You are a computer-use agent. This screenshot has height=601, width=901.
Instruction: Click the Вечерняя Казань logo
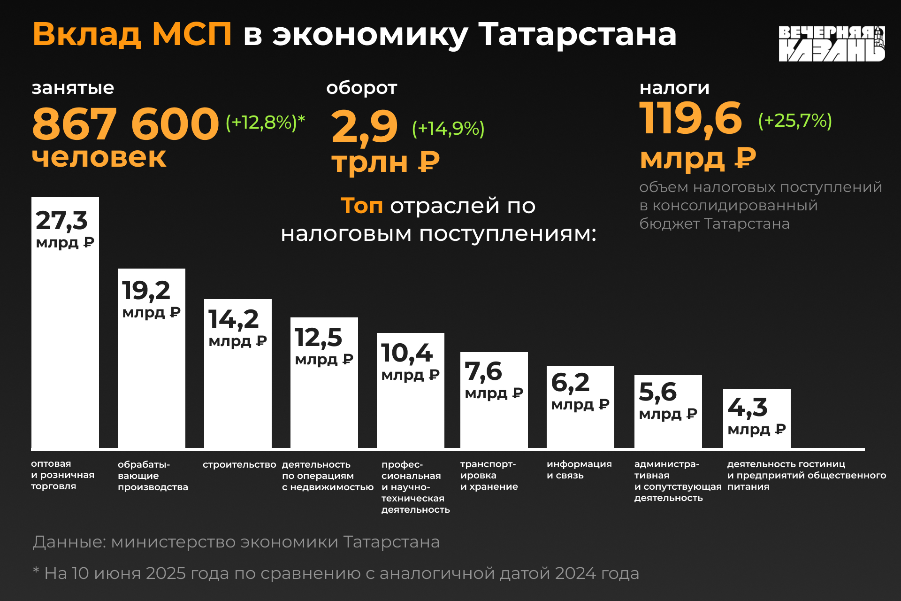click(x=832, y=44)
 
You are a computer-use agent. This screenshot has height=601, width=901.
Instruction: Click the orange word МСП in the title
click(x=191, y=34)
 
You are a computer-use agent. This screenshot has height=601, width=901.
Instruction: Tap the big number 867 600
click(x=125, y=124)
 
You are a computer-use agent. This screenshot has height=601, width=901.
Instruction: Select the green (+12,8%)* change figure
click(x=265, y=122)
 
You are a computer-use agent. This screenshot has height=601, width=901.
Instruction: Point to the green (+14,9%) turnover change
click(x=448, y=128)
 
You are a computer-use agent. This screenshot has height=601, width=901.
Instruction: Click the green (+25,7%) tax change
click(x=794, y=121)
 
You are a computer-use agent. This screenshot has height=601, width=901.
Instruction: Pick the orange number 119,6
click(x=690, y=118)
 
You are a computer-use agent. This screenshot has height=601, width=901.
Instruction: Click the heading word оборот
click(x=361, y=88)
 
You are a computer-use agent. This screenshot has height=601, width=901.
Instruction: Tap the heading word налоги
click(x=674, y=88)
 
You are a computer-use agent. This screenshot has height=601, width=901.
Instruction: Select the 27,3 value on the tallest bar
click(x=61, y=220)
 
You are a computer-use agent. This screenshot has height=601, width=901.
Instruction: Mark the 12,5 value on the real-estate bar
click(x=319, y=337)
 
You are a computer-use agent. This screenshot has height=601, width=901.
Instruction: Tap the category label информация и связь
click(x=579, y=470)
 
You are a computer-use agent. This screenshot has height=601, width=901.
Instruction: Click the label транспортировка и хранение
click(x=489, y=475)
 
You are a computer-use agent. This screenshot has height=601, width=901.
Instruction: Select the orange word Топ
click(x=361, y=206)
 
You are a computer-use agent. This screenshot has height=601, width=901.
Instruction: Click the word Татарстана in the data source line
click(x=391, y=542)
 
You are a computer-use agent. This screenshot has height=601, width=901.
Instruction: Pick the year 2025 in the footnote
click(x=166, y=573)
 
